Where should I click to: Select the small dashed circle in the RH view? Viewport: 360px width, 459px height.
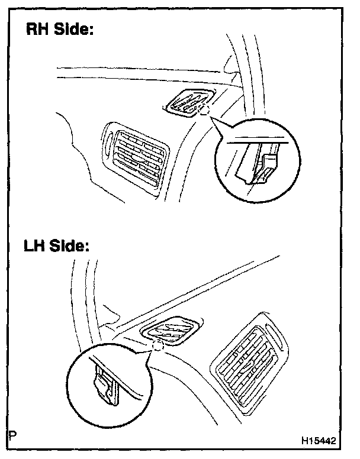(x=204, y=111)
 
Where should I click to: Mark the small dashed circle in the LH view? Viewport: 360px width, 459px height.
(x=157, y=345)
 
